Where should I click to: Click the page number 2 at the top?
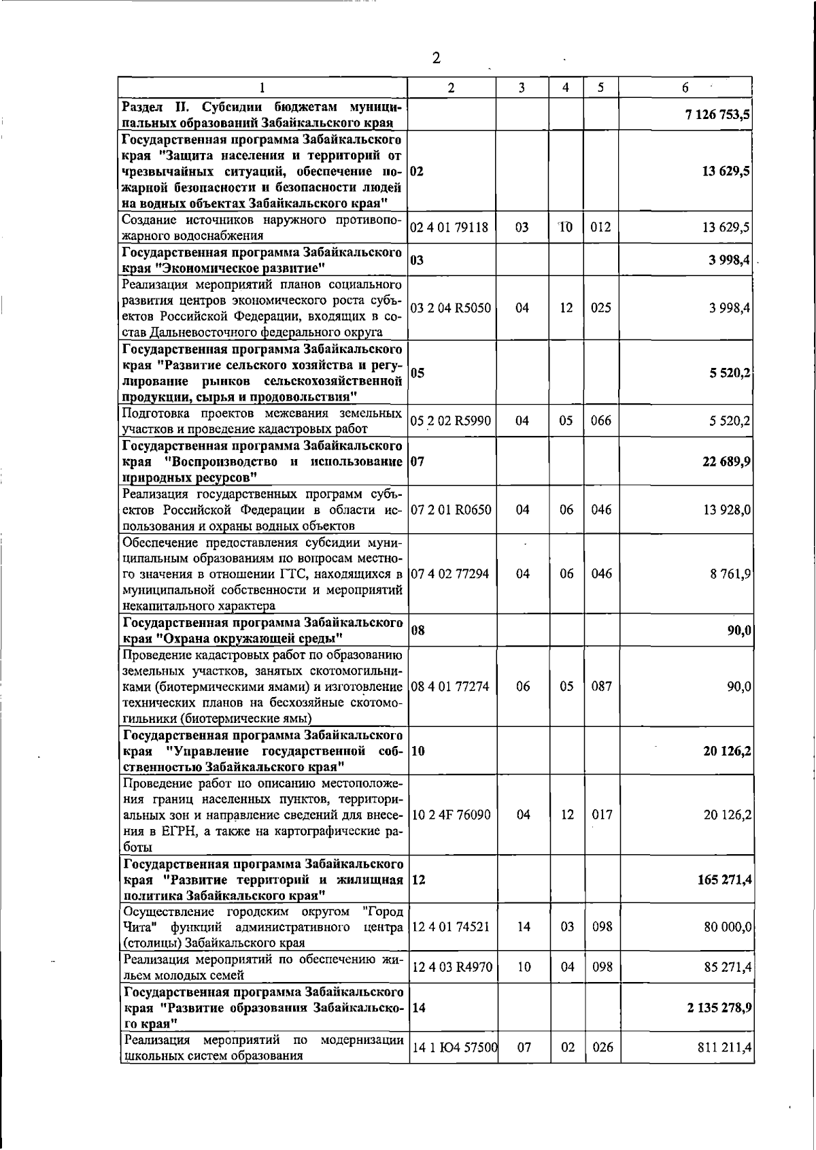pos(436,58)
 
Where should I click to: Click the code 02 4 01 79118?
pos(449,228)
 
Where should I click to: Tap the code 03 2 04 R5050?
pos(450,308)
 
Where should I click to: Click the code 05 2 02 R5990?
pos(450,421)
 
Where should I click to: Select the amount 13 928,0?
pos(727,509)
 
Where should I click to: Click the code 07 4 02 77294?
pos(450,574)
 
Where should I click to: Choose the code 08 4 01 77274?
pos(450,686)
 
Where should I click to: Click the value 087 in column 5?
pos(601,686)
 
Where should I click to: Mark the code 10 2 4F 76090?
pos(450,815)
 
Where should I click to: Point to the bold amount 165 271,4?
pos(724,879)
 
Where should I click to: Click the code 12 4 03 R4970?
pos(450,966)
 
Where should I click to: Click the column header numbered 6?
pos(685,87)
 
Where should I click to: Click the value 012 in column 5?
pos(600,228)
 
